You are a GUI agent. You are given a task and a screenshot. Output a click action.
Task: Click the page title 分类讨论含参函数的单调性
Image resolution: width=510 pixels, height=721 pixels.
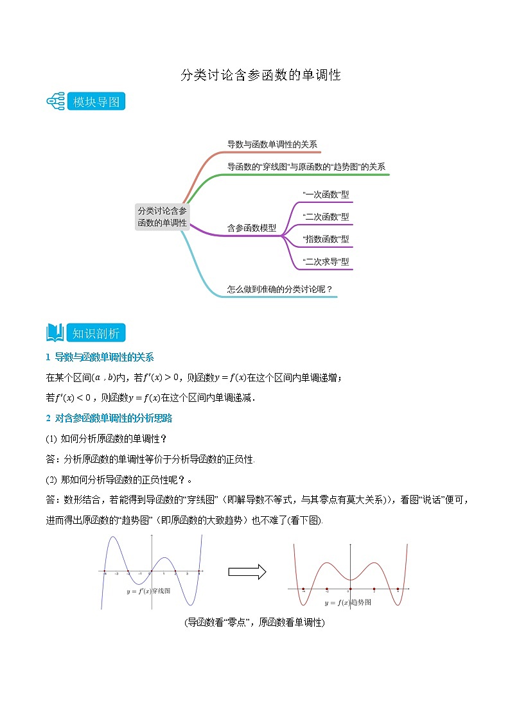click(x=259, y=75)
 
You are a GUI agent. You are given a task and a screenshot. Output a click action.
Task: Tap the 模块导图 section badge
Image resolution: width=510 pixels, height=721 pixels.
click(x=96, y=101)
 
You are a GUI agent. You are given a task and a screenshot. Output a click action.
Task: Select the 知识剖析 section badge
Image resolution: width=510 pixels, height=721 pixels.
click(x=96, y=333)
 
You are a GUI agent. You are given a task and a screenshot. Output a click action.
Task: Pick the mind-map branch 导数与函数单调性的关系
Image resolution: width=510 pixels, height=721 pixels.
click(x=272, y=144)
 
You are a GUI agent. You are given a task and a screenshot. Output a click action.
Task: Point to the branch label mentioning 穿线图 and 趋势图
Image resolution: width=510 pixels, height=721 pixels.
click(x=306, y=167)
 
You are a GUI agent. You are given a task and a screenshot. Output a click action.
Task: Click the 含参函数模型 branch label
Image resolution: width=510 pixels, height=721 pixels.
click(x=252, y=228)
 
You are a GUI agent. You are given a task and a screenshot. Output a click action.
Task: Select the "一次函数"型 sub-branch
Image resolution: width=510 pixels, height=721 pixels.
click(x=326, y=195)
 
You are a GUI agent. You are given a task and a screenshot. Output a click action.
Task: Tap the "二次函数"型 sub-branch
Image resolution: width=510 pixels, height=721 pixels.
click(x=326, y=217)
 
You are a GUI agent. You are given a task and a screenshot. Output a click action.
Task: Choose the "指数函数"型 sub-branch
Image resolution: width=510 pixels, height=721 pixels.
click(x=326, y=239)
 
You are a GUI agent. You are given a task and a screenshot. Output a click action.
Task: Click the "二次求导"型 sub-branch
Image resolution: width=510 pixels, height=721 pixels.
click(x=326, y=261)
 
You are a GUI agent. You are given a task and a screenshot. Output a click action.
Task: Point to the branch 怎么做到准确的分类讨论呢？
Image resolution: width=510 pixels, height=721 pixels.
click(x=280, y=289)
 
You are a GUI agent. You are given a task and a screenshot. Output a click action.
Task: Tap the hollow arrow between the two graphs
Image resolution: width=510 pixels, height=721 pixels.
click(x=247, y=571)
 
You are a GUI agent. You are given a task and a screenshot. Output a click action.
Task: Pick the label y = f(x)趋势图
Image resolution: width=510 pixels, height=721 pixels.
click(x=347, y=603)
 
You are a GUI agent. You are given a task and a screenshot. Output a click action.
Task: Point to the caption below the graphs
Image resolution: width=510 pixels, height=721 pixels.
click(x=254, y=623)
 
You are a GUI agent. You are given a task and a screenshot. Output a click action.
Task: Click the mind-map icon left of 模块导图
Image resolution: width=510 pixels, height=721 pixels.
click(x=56, y=101)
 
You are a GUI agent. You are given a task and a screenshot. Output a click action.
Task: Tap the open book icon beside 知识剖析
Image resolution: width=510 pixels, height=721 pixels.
click(x=55, y=333)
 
